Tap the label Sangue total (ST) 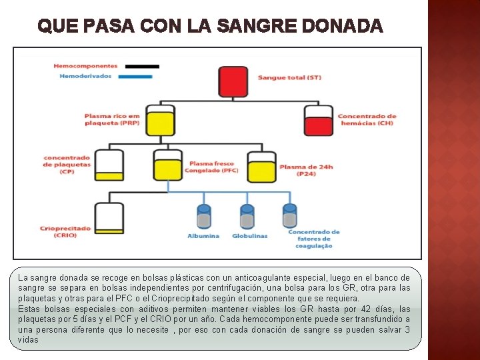(x=289, y=77)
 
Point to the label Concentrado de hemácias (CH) (x=367, y=120)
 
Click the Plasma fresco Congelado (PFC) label (x=212, y=167)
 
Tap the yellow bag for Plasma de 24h (x=261, y=167)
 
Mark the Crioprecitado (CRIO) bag (x=109, y=217)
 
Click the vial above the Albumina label (x=203, y=217)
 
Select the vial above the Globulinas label (x=247, y=217)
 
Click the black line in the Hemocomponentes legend (x=143, y=66)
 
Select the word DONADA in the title (x=343, y=27)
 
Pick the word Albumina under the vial (x=203, y=236)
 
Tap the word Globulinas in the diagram (x=250, y=236)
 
